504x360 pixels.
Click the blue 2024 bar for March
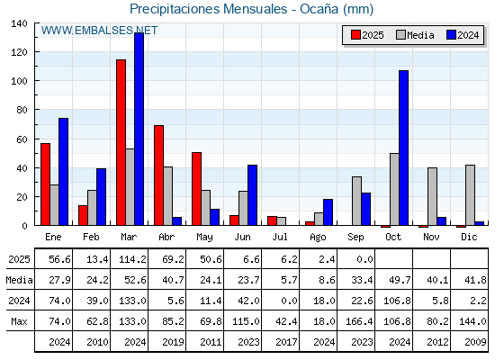[139, 129]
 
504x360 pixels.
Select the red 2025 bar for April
[158, 175]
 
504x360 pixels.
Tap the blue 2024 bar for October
[404, 148]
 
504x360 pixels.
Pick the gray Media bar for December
[470, 195]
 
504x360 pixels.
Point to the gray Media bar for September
[356, 201]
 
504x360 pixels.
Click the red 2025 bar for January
[45, 184]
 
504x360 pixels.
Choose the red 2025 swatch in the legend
[355, 35]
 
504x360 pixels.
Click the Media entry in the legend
[415, 35]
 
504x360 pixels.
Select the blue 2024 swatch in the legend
[451, 35]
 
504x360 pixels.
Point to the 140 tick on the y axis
[36, 23]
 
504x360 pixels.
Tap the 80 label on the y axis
[22, 110]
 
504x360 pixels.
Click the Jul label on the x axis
[280, 238]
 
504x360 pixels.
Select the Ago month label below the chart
[318, 238]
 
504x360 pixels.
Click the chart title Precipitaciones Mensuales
[208, 9]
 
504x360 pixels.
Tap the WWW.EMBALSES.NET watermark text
[99, 31]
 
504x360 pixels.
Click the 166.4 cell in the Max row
[359, 321]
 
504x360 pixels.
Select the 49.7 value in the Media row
[400, 280]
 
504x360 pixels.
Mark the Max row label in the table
[19, 321]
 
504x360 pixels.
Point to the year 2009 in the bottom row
[475, 342]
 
